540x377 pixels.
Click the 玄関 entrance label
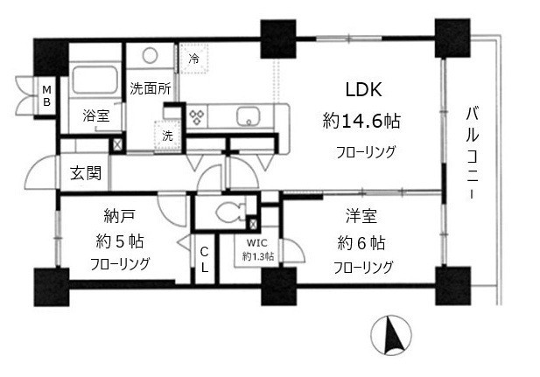pos(85,171)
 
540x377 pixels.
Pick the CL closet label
pos(203,260)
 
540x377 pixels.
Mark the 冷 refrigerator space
pos(194,59)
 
